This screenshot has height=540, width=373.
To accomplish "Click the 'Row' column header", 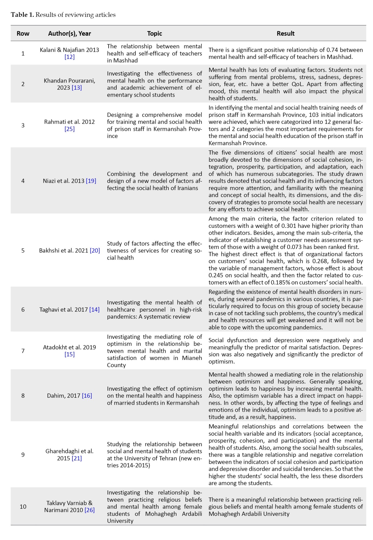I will tap(23, 33).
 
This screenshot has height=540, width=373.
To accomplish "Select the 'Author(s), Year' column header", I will tap(69, 33).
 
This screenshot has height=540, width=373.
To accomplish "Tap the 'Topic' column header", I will tap(154, 33).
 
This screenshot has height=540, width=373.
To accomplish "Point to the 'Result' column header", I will tap(285, 33).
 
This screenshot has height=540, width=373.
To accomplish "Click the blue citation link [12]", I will tap(69, 57).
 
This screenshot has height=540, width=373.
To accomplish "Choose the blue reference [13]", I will tap(77, 88).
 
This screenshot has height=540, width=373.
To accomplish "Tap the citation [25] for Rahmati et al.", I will tap(69, 129).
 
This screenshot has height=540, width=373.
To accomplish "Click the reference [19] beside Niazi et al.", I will tap(91, 181).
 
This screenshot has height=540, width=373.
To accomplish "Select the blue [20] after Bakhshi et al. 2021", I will tap(95, 251).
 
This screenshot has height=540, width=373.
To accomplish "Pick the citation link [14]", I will tap(95, 310).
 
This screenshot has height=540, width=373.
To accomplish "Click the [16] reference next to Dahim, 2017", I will tap(87, 396).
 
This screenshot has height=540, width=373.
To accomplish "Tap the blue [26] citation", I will tap(89, 510).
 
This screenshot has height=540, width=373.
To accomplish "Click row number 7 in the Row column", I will tap(23, 351).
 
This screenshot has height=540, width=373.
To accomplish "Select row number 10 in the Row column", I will tap(23, 507).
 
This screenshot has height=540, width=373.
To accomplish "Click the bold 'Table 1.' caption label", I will tap(22, 15).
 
